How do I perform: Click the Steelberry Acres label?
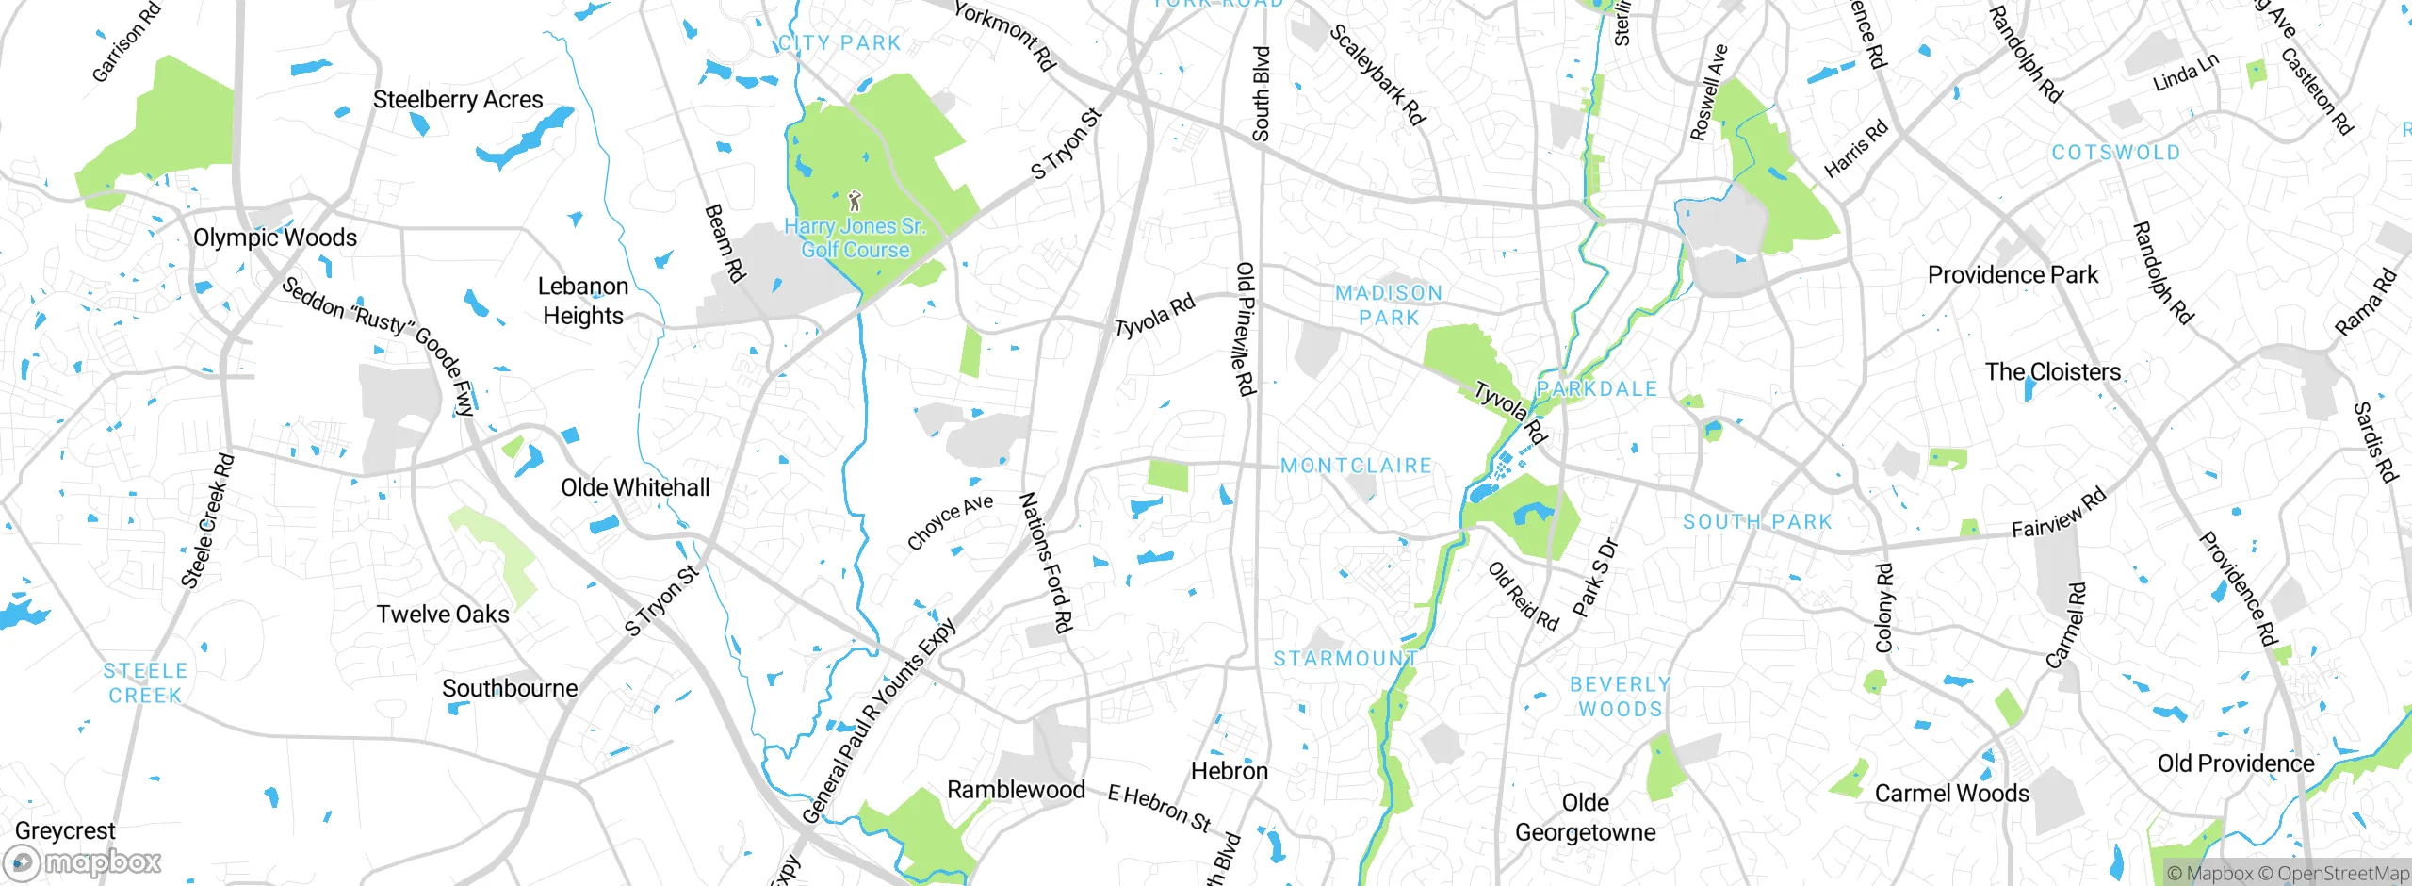pyautogui.click(x=458, y=100)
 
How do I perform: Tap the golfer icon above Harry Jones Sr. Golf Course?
pyautogui.click(x=855, y=201)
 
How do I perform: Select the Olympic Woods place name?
pyautogui.click(x=275, y=238)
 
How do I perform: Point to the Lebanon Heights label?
pyautogui.click(x=583, y=302)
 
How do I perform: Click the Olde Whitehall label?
pyautogui.click(x=635, y=488)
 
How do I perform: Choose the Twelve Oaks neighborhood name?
pyautogui.click(x=443, y=615)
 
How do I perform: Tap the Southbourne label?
pyautogui.click(x=510, y=689)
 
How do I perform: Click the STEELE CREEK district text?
pyautogui.click(x=145, y=683)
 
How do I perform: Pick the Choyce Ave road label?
pyautogui.click(x=950, y=522)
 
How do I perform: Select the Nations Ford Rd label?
pyautogui.click(x=1047, y=562)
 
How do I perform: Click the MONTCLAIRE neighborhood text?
pyautogui.click(x=1356, y=466)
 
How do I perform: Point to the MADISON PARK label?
pyautogui.click(x=1389, y=305)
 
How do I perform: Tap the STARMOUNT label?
pyautogui.click(x=1345, y=659)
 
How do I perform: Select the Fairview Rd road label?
pyautogui.click(x=2058, y=515)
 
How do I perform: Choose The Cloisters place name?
pyautogui.click(x=2053, y=372)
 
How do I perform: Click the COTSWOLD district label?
pyautogui.click(x=2116, y=153)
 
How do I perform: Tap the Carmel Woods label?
pyautogui.click(x=1951, y=794)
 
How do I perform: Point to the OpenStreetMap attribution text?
pyautogui.click(x=2342, y=874)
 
